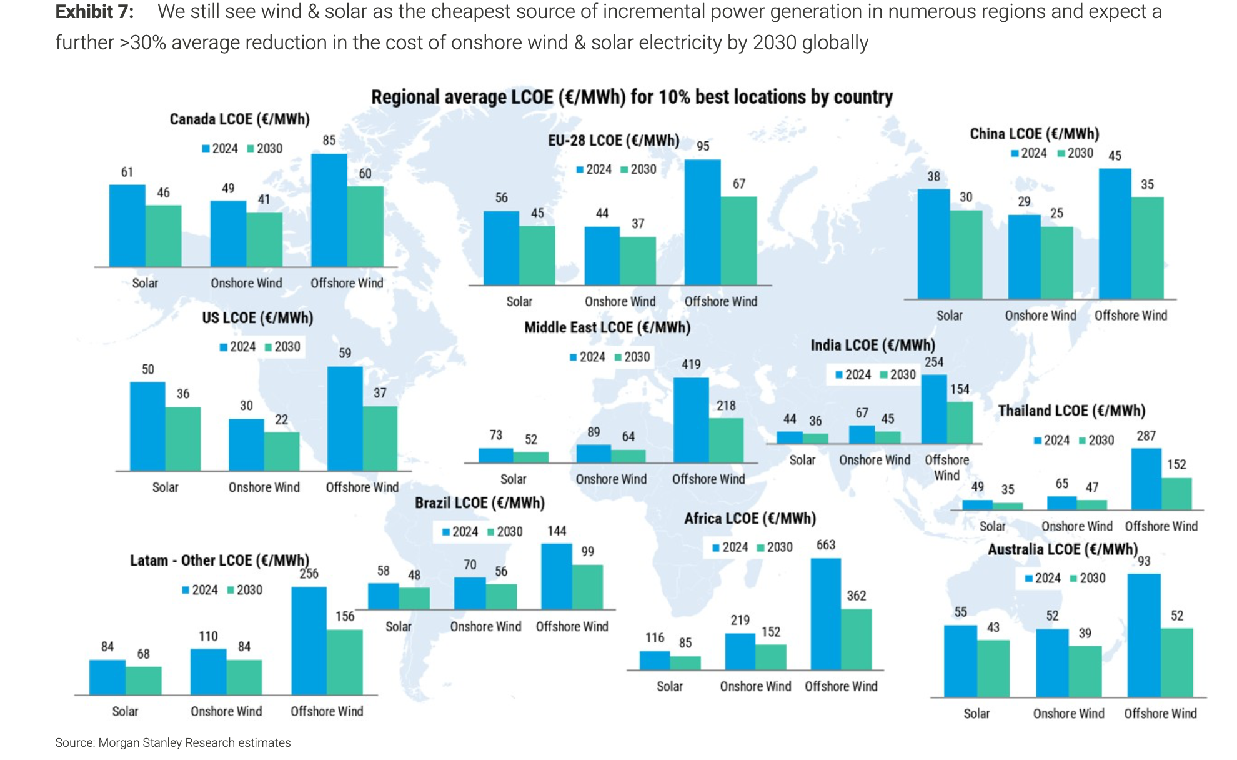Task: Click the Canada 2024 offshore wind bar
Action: [x=329, y=211]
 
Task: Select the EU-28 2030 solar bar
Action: [x=537, y=255]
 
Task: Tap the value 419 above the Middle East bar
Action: [x=691, y=364]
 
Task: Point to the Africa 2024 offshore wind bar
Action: [x=825, y=614]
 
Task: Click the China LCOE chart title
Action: [x=1034, y=134]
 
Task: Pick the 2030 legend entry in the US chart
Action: [x=282, y=347]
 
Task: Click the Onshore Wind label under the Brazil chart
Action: [x=485, y=626]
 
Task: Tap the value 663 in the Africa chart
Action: [x=826, y=545]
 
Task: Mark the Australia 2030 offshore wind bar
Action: [x=1177, y=662]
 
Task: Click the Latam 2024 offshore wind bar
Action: [x=309, y=641]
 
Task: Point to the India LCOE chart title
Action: [x=873, y=345]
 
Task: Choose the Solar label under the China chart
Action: [x=949, y=316]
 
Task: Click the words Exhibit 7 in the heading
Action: [x=94, y=12]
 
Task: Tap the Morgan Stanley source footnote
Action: [x=173, y=742]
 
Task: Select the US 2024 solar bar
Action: [x=147, y=426]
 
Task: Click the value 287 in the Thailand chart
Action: [x=1146, y=436]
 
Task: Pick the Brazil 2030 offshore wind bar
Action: [x=587, y=587]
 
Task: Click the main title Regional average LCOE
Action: [x=632, y=97]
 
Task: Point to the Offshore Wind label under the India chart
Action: [x=946, y=467]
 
